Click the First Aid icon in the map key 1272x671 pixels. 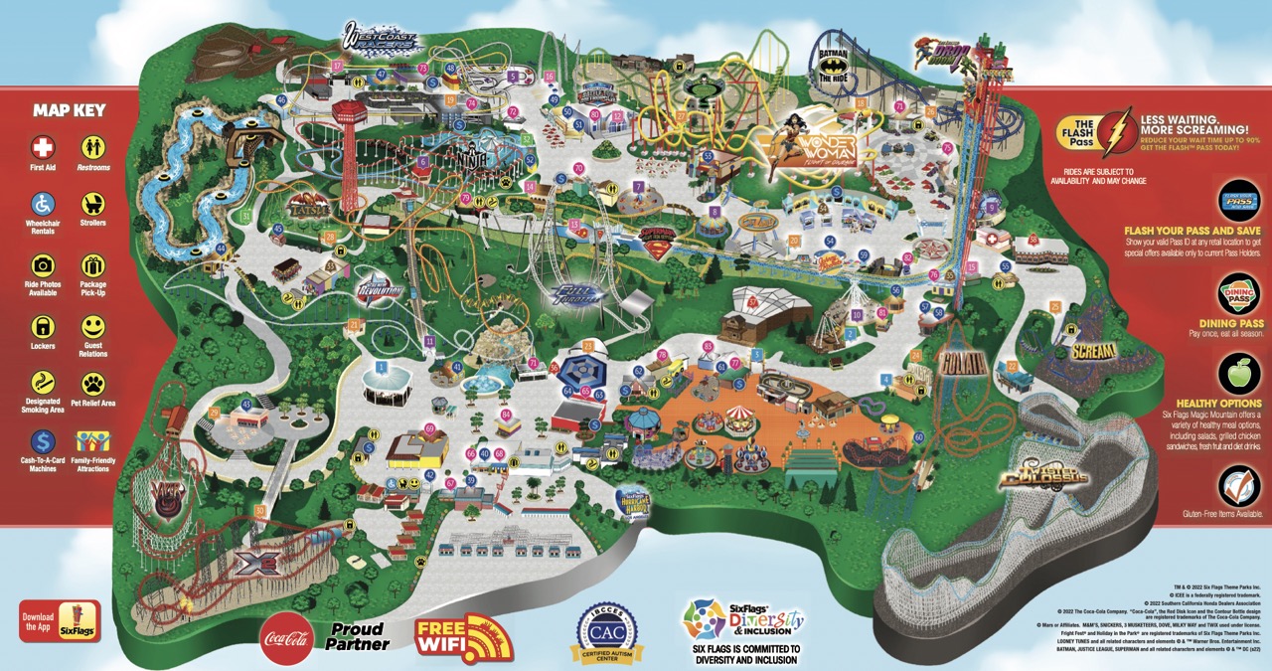point(44,148)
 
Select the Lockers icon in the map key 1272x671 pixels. point(44,326)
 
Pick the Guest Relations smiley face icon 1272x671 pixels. point(93,326)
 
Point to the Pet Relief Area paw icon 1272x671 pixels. point(93,384)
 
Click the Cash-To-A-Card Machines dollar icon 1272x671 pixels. point(44,440)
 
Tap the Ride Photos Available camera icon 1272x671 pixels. point(44,265)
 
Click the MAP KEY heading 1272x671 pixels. point(69,110)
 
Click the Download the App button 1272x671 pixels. point(60,620)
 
